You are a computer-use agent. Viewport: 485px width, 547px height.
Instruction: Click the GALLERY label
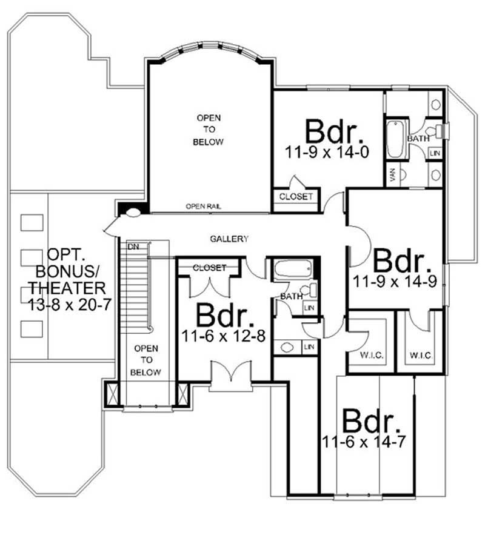[x=229, y=239]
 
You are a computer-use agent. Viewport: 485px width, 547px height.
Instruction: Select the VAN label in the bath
[x=393, y=174]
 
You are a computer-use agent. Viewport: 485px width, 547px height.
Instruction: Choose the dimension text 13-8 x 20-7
[x=70, y=304]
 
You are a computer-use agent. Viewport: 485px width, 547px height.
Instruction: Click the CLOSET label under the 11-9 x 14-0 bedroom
[x=296, y=196]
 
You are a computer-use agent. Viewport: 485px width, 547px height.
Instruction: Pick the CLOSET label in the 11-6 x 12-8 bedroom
[x=209, y=267]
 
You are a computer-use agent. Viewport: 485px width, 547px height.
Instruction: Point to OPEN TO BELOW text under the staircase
[x=146, y=360]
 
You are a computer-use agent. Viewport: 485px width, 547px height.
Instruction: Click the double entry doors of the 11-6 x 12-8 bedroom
[x=231, y=373]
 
